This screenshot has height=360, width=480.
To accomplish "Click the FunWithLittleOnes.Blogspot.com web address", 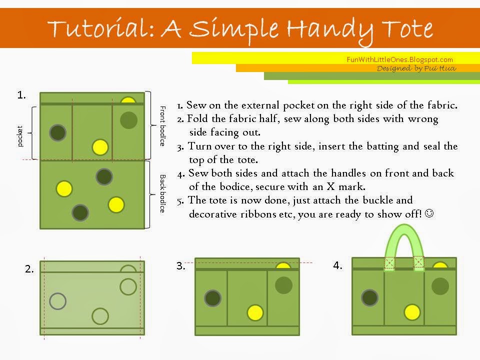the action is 399,59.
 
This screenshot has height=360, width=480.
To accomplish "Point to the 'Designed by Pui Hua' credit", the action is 416,68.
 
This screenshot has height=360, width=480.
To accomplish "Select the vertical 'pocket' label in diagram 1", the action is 20,136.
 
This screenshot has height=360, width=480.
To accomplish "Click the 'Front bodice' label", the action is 163,126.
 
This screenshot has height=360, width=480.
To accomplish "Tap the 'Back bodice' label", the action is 163,193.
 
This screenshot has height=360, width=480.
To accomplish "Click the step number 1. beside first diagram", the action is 21,95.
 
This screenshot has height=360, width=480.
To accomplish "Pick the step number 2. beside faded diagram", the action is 29,269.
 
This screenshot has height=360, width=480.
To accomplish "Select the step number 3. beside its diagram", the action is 180,265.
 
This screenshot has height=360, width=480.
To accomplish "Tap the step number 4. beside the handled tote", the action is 337,265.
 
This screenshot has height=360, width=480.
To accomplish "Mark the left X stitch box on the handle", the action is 389,262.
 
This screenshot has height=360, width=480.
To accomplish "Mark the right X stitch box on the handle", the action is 419,262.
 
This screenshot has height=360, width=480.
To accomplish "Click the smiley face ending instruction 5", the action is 429,213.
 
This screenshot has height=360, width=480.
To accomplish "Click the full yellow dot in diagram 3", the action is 255,313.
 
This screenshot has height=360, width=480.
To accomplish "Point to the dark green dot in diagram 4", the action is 370,297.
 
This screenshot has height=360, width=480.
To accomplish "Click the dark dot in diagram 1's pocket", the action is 58,133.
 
